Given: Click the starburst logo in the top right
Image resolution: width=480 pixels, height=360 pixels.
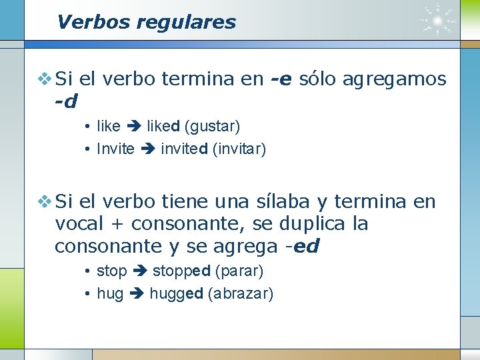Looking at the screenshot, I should click(x=439, y=21).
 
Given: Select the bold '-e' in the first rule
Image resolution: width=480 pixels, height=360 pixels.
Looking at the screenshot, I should click(x=282, y=79).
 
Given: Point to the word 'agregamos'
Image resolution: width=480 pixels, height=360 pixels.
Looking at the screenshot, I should click(x=394, y=80).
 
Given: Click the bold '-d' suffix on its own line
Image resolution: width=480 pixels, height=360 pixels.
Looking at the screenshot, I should click(x=66, y=102).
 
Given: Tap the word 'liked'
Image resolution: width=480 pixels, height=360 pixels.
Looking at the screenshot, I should click(x=163, y=126).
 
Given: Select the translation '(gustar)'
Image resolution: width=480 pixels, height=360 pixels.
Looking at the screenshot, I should click(x=212, y=126).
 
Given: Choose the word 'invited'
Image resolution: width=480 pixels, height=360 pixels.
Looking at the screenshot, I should click(x=184, y=149).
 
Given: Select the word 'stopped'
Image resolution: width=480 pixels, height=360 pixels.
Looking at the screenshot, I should click(x=181, y=271).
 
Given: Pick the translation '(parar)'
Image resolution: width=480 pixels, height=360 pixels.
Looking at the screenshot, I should click(x=240, y=271).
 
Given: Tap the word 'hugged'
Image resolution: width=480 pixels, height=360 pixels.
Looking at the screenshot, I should click(x=176, y=294).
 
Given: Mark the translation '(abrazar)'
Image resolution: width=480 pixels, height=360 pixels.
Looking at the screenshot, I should click(x=241, y=294).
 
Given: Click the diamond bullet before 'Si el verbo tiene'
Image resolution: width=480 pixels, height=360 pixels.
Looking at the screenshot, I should click(x=44, y=201).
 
